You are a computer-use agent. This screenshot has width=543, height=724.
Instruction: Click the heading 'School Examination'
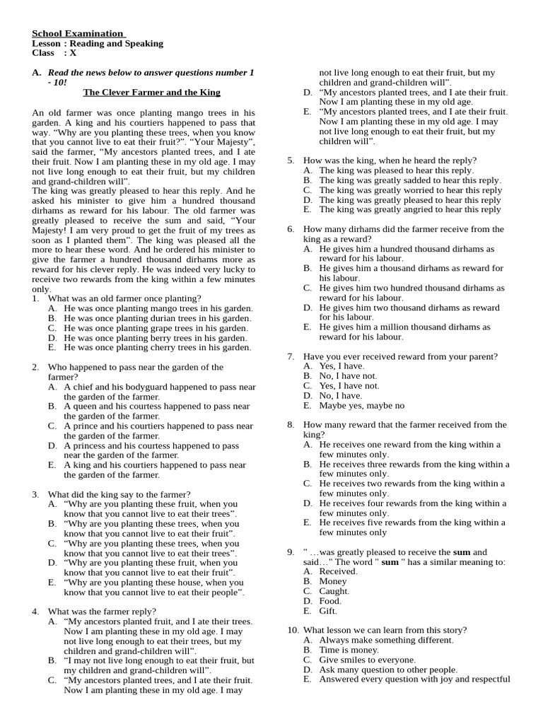(78, 33)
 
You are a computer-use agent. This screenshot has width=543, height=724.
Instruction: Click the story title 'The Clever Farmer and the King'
(151, 93)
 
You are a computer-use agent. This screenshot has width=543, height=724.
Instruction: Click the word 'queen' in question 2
(84, 407)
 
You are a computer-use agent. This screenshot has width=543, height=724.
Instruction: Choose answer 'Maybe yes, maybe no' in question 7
(361, 406)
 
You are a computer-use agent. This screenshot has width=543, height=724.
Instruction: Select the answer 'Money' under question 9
(333, 581)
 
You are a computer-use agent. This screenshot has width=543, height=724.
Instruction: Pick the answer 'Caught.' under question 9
(334, 591)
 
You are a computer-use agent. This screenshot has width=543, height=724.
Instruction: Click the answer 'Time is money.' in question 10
(349, 650)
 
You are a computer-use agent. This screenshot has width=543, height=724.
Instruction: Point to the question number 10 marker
(293, 630)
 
